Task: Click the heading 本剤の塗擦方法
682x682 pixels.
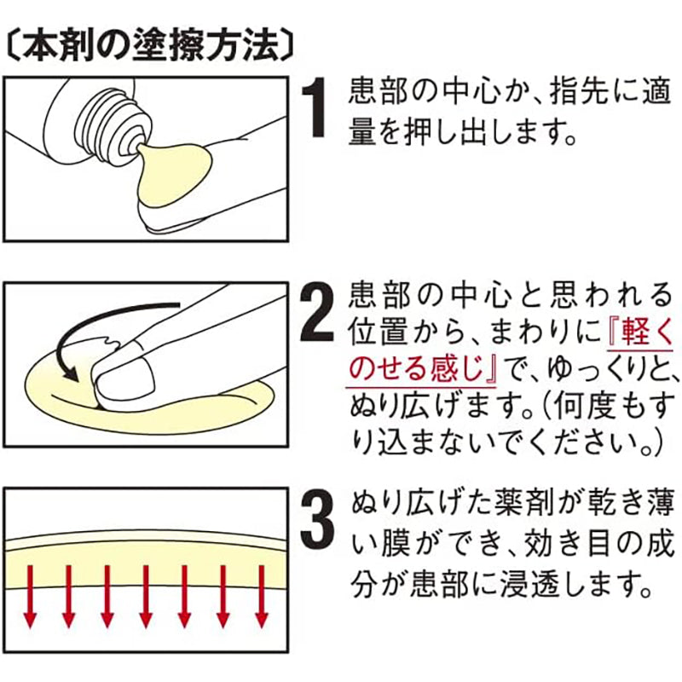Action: pyautogui.click(x=150, y=46)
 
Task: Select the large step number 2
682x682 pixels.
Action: pyautogui.click(x=317, y=312)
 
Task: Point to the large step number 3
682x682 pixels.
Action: pyautogui.click(x=317, y=519)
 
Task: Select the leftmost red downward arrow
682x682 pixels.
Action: pyautogui.click(x=30, y=596)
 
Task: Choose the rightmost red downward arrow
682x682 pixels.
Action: pyautogui.click(x=262, y=596)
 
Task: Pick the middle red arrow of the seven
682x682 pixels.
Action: pyautogui.click(x=146, y=596)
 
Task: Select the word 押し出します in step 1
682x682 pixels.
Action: pyautogui.click(x=475, y=132)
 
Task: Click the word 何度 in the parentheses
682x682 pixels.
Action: pyautogui.click(x=581, y=406)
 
